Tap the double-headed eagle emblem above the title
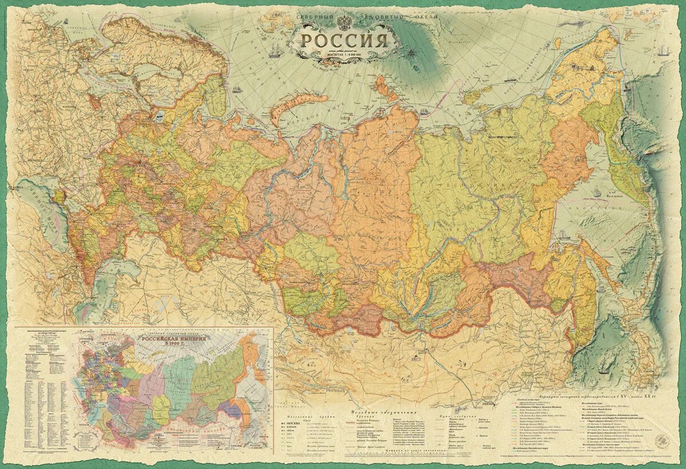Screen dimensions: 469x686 [x=344, y=22]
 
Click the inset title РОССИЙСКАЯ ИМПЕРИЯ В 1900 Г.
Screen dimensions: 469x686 [x=171, y=343]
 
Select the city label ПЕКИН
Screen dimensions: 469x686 [x=486, y=404]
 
